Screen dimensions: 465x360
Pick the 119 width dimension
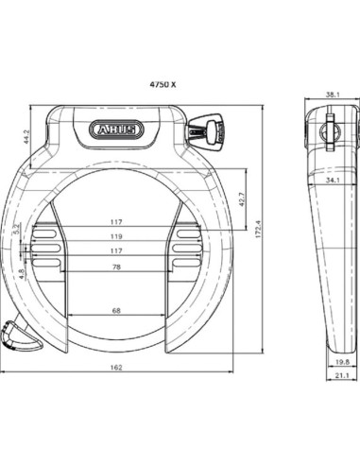pyautogui.click(x=116, y=237)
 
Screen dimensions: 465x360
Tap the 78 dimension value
pyautogui.click(x=116, y=268)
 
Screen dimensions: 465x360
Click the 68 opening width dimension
pyautogui.click(x=116, y=310)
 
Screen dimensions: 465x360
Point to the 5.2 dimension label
pyautogui.click(x=17, y=229)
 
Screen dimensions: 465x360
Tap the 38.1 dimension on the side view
pyautogui.click(x=331, y=95)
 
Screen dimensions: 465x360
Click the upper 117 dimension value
pyautogui.click(x=116, y=223)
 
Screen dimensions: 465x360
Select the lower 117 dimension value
pyautogui.click(x=116, y=251)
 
